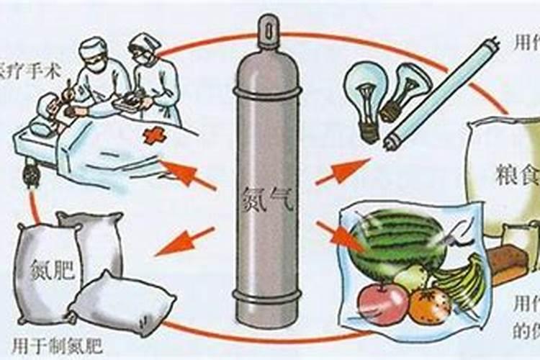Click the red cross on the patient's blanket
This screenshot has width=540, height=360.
pyautogui.click(x=154, y=135)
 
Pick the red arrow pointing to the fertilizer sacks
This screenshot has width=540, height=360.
pyautogui.click(x=184, y=242)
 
